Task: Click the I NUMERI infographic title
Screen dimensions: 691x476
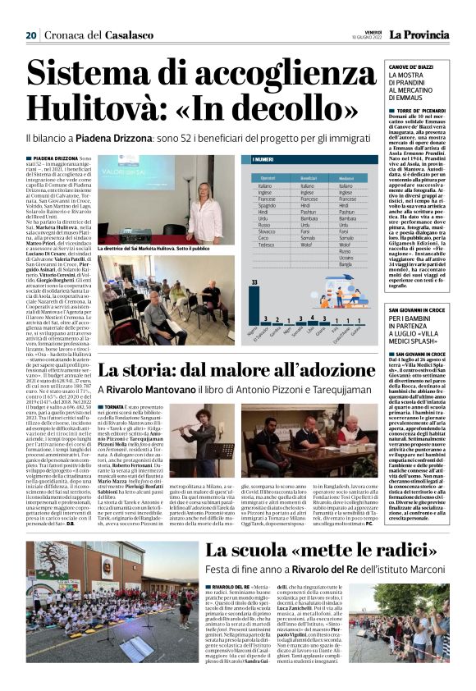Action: (x=264, y=160)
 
